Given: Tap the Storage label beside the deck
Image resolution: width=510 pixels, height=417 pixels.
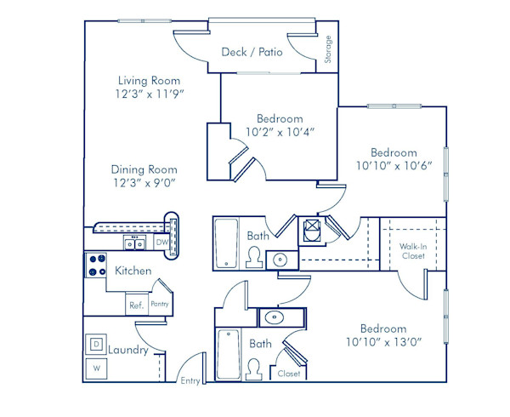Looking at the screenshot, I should point(327,49).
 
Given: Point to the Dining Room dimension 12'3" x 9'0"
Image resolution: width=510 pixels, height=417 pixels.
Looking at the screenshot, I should point(149,182).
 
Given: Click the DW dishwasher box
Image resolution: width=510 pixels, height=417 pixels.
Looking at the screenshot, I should point(161,243).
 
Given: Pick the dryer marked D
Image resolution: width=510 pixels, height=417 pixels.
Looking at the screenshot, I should point(97,344).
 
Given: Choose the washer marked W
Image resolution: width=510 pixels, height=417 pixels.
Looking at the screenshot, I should point(97,368).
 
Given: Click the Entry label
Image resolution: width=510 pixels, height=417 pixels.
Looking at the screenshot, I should point(190,380).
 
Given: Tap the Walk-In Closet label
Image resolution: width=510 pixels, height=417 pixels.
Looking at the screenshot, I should point(414,251).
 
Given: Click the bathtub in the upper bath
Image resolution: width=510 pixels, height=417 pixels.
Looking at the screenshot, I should point(226,244).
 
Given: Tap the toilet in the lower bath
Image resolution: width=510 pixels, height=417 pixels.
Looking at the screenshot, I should point(253,367).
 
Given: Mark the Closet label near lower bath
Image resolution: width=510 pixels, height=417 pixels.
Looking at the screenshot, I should point(288,374).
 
